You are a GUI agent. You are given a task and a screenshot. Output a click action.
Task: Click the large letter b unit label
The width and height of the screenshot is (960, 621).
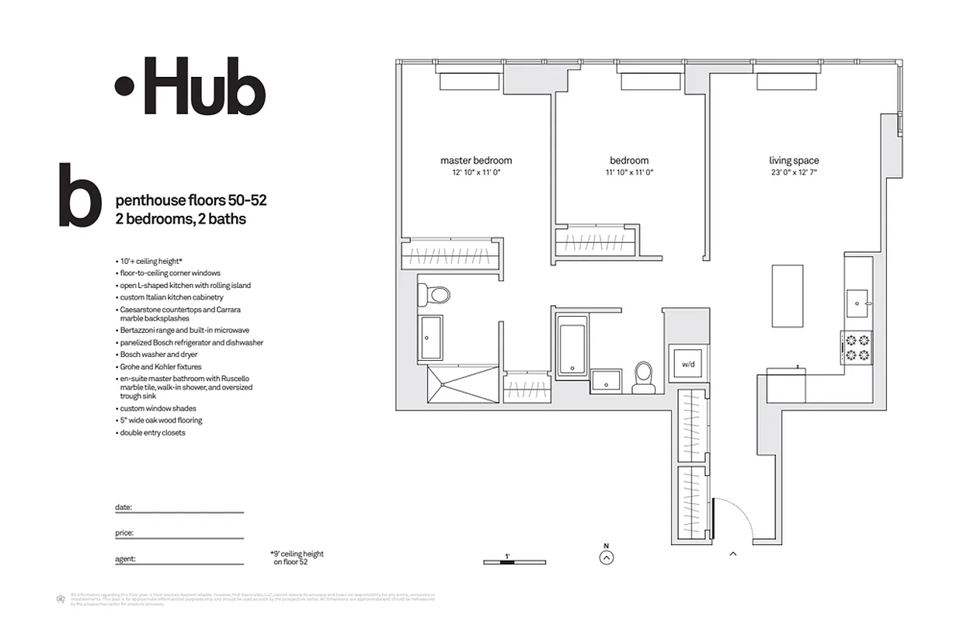tap(79, 196)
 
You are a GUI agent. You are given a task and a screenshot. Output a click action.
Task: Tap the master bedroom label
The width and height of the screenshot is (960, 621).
tap(476, 161)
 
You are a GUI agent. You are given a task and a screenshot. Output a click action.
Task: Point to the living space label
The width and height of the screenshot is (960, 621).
tap(794, 161)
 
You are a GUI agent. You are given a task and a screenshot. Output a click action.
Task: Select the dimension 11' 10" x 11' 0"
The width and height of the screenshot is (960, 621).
tap(630, 173)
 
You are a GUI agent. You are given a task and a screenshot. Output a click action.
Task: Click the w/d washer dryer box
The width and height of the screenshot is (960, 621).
tap(687, 363)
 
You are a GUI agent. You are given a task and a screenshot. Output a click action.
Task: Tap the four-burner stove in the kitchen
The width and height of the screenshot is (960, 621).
tap(856, 347)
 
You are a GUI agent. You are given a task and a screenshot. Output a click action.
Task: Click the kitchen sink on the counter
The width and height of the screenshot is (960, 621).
tap(860, 299)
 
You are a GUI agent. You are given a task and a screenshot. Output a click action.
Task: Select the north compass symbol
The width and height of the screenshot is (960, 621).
tap(607, 556)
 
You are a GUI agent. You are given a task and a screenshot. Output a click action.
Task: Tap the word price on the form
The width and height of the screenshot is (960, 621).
tap(123, 533)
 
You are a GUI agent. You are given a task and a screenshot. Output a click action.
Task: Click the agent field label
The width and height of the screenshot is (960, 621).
tap(125, 558)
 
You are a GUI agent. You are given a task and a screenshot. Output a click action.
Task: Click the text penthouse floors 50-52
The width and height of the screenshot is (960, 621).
tap(191, 200)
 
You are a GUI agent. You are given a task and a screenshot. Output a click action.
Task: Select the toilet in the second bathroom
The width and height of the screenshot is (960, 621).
tap(642, 376)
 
